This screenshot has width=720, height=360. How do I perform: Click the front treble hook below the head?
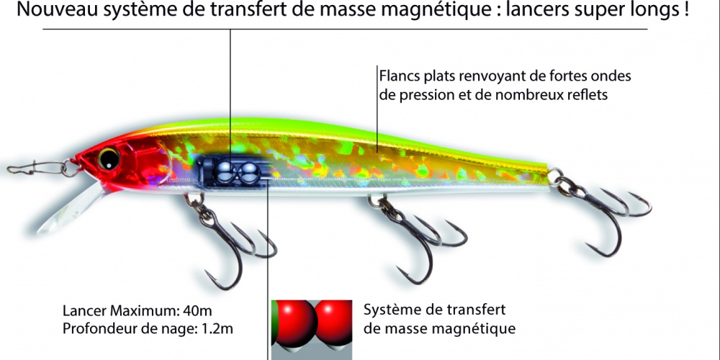point(230,245)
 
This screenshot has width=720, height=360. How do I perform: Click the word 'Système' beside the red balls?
point(393,310)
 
